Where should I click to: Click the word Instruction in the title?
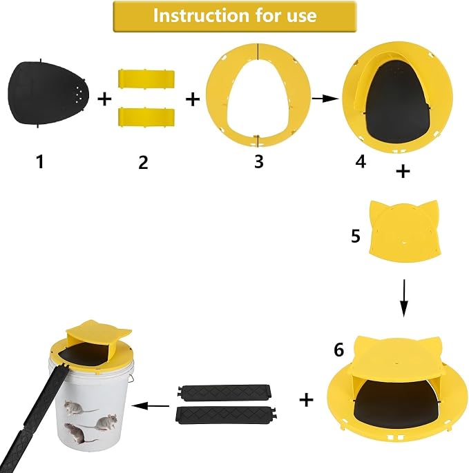(x=201, y=16)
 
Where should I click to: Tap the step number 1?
(x=40, y=161)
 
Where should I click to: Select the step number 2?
(x=143, y=162)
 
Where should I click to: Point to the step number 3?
(x=258, y=161)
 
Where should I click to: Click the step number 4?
(x=361, y=161)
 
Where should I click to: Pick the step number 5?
(x=356, y=236)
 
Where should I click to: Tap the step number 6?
(x=338, y=350)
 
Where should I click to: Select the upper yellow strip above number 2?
(x=146, y=79)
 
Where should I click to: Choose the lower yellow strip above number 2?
(x=146, y=117)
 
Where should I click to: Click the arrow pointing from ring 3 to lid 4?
(x=325, y=99)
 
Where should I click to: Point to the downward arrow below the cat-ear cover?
(x=404, y=298)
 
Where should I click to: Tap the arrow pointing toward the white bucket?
(x=150, y=406)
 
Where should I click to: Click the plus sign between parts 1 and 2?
(x=104, y=99)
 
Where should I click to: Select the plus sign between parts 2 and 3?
(x=193, y=99)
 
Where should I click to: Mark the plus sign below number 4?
(x=403, y=171)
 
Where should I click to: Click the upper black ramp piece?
(x=224, y=392)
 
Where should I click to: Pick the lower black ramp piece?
(x=226, y=415)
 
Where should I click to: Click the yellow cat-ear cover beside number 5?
(x=404, y=231)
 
